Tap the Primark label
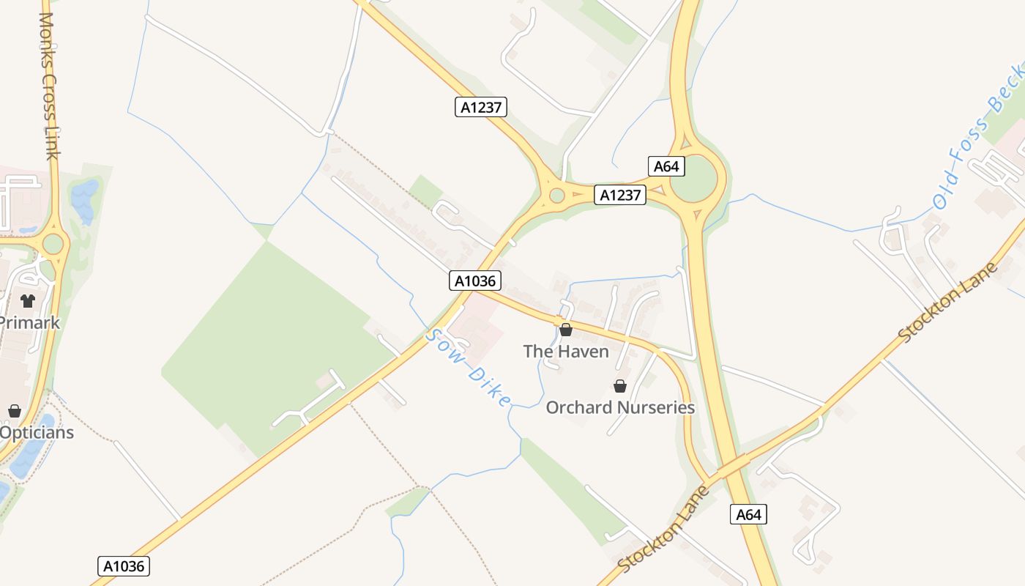(29, 322)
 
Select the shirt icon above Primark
(28, 300)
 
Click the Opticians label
(37, 432)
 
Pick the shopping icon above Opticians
(15, 411)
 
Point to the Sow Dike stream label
(468, 368)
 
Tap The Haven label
(566, 352)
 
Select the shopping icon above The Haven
(566, 330)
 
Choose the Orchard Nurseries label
(620, 407)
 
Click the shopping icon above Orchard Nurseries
(620, 386)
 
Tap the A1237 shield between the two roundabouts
(620, 195)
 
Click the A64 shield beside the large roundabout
(666, 166)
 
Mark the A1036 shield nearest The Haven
(475, 281)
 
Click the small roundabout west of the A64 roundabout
(557, 196)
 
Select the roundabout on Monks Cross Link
(53, 243)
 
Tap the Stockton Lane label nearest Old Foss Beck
(948, 303)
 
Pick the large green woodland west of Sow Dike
(271, 337)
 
